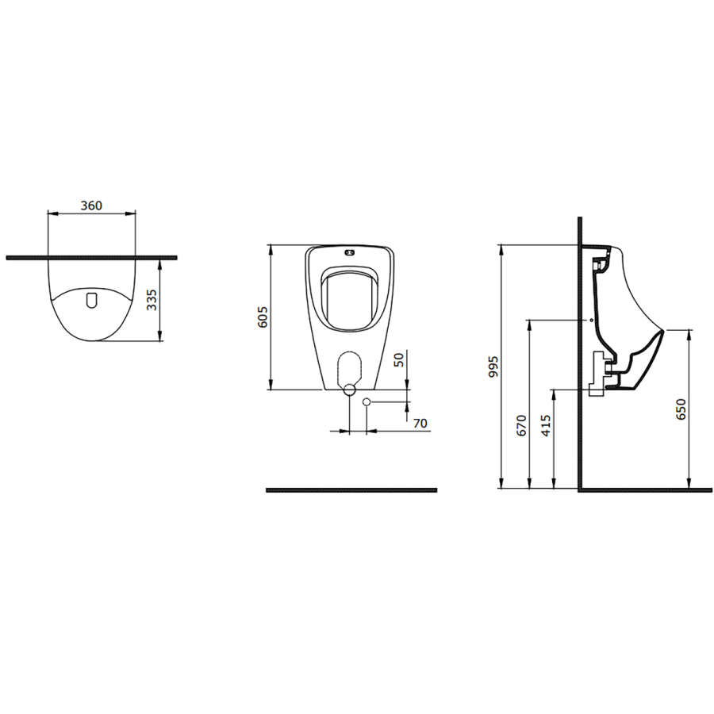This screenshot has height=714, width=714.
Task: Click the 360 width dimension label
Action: pyautogui.click(x=91, y=205)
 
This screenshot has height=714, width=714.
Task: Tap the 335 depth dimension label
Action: pyautogui.click(x=152, y=300)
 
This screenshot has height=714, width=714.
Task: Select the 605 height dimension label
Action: pyautogui.click(x=263, y=317)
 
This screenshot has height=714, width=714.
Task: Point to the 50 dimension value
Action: pyautogui.click(x=398, y=359)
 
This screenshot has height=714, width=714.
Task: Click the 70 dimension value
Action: pyautogui.click(x=420, y=423)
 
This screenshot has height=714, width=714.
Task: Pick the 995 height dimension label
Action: pyautogui.click(x=493, y=367)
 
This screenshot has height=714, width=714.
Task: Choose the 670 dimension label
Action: pyautogui.click(x=521, y=425)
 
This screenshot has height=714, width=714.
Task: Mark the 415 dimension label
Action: pyautogui.click(x=546, y=425)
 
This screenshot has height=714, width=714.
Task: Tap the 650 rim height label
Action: pyautogui.click(x=681, y=409)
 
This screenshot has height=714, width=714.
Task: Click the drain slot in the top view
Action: pyautogui.click(x=91, y=299)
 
